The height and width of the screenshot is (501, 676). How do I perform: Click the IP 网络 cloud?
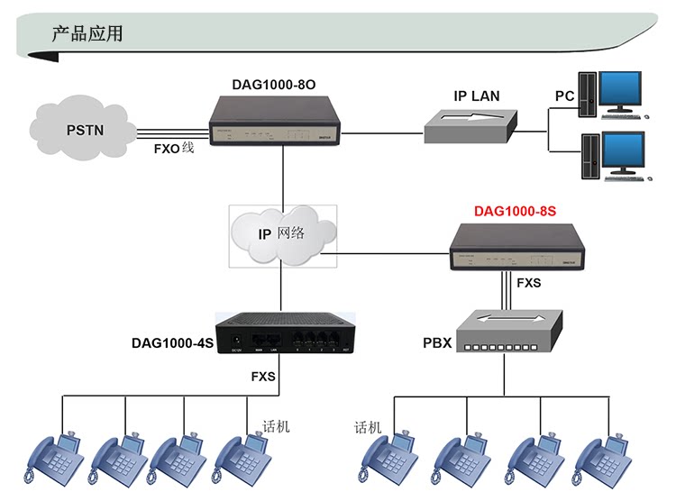[x=282, y=233]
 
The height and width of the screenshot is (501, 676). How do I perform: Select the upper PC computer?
[x=613, y=95]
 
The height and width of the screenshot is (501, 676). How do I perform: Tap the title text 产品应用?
[x=87, y=34]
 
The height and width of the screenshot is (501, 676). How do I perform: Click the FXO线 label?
[x=174, y=147]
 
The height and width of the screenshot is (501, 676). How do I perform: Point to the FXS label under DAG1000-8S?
[x=529, y=283]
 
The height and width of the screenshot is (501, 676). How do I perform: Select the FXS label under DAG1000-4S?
[x=263, y=376]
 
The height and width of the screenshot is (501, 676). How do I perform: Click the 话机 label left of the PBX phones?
[x=368, y=426]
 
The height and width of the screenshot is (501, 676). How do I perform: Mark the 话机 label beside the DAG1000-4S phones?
[x=276, y=425]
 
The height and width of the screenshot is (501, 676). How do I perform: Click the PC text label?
[x=565, y=96]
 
